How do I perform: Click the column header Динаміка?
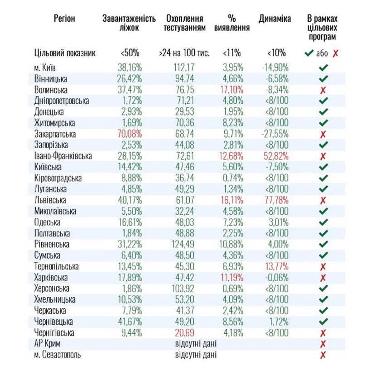(275, 19)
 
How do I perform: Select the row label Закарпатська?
(55, 134)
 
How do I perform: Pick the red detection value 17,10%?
(233, 90)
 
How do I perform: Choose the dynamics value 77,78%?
(274, 200)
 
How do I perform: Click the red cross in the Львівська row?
(323, 200)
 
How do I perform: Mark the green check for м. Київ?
(323, 67)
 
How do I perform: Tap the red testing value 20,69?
(184, 333)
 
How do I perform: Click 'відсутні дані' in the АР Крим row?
(196, 344)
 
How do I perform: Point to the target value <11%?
(232, 53)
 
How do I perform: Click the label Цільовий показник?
(65, 53)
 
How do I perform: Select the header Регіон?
(64, 19)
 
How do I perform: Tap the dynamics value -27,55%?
(274, 134)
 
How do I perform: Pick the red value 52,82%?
(274, 156)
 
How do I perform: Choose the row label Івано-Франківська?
(63, 156)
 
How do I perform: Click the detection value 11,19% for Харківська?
(233, 278)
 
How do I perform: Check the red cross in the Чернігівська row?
(323, 333)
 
